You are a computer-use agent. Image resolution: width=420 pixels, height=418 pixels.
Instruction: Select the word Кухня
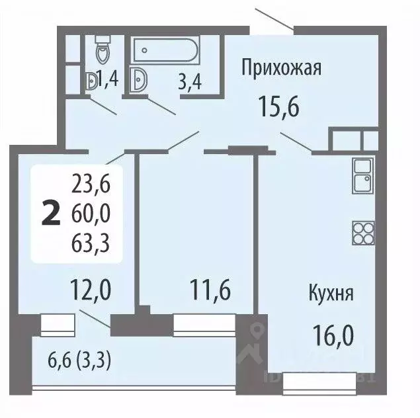point(331,293)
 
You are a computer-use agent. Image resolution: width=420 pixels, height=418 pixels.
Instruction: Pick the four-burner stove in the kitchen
point(363,231)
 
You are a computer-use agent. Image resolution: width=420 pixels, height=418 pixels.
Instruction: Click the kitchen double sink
point(362,175)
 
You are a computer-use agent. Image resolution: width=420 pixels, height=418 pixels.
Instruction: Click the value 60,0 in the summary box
point(93,213)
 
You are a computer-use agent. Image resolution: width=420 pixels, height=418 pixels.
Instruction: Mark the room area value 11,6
point(210,289)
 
